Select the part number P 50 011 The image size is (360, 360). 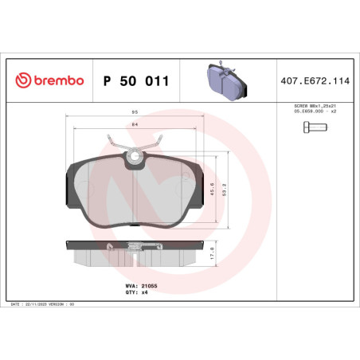coord(135,80)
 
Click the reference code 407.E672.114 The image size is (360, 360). coord(316,80)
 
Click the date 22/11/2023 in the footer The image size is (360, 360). coord(41,304)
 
